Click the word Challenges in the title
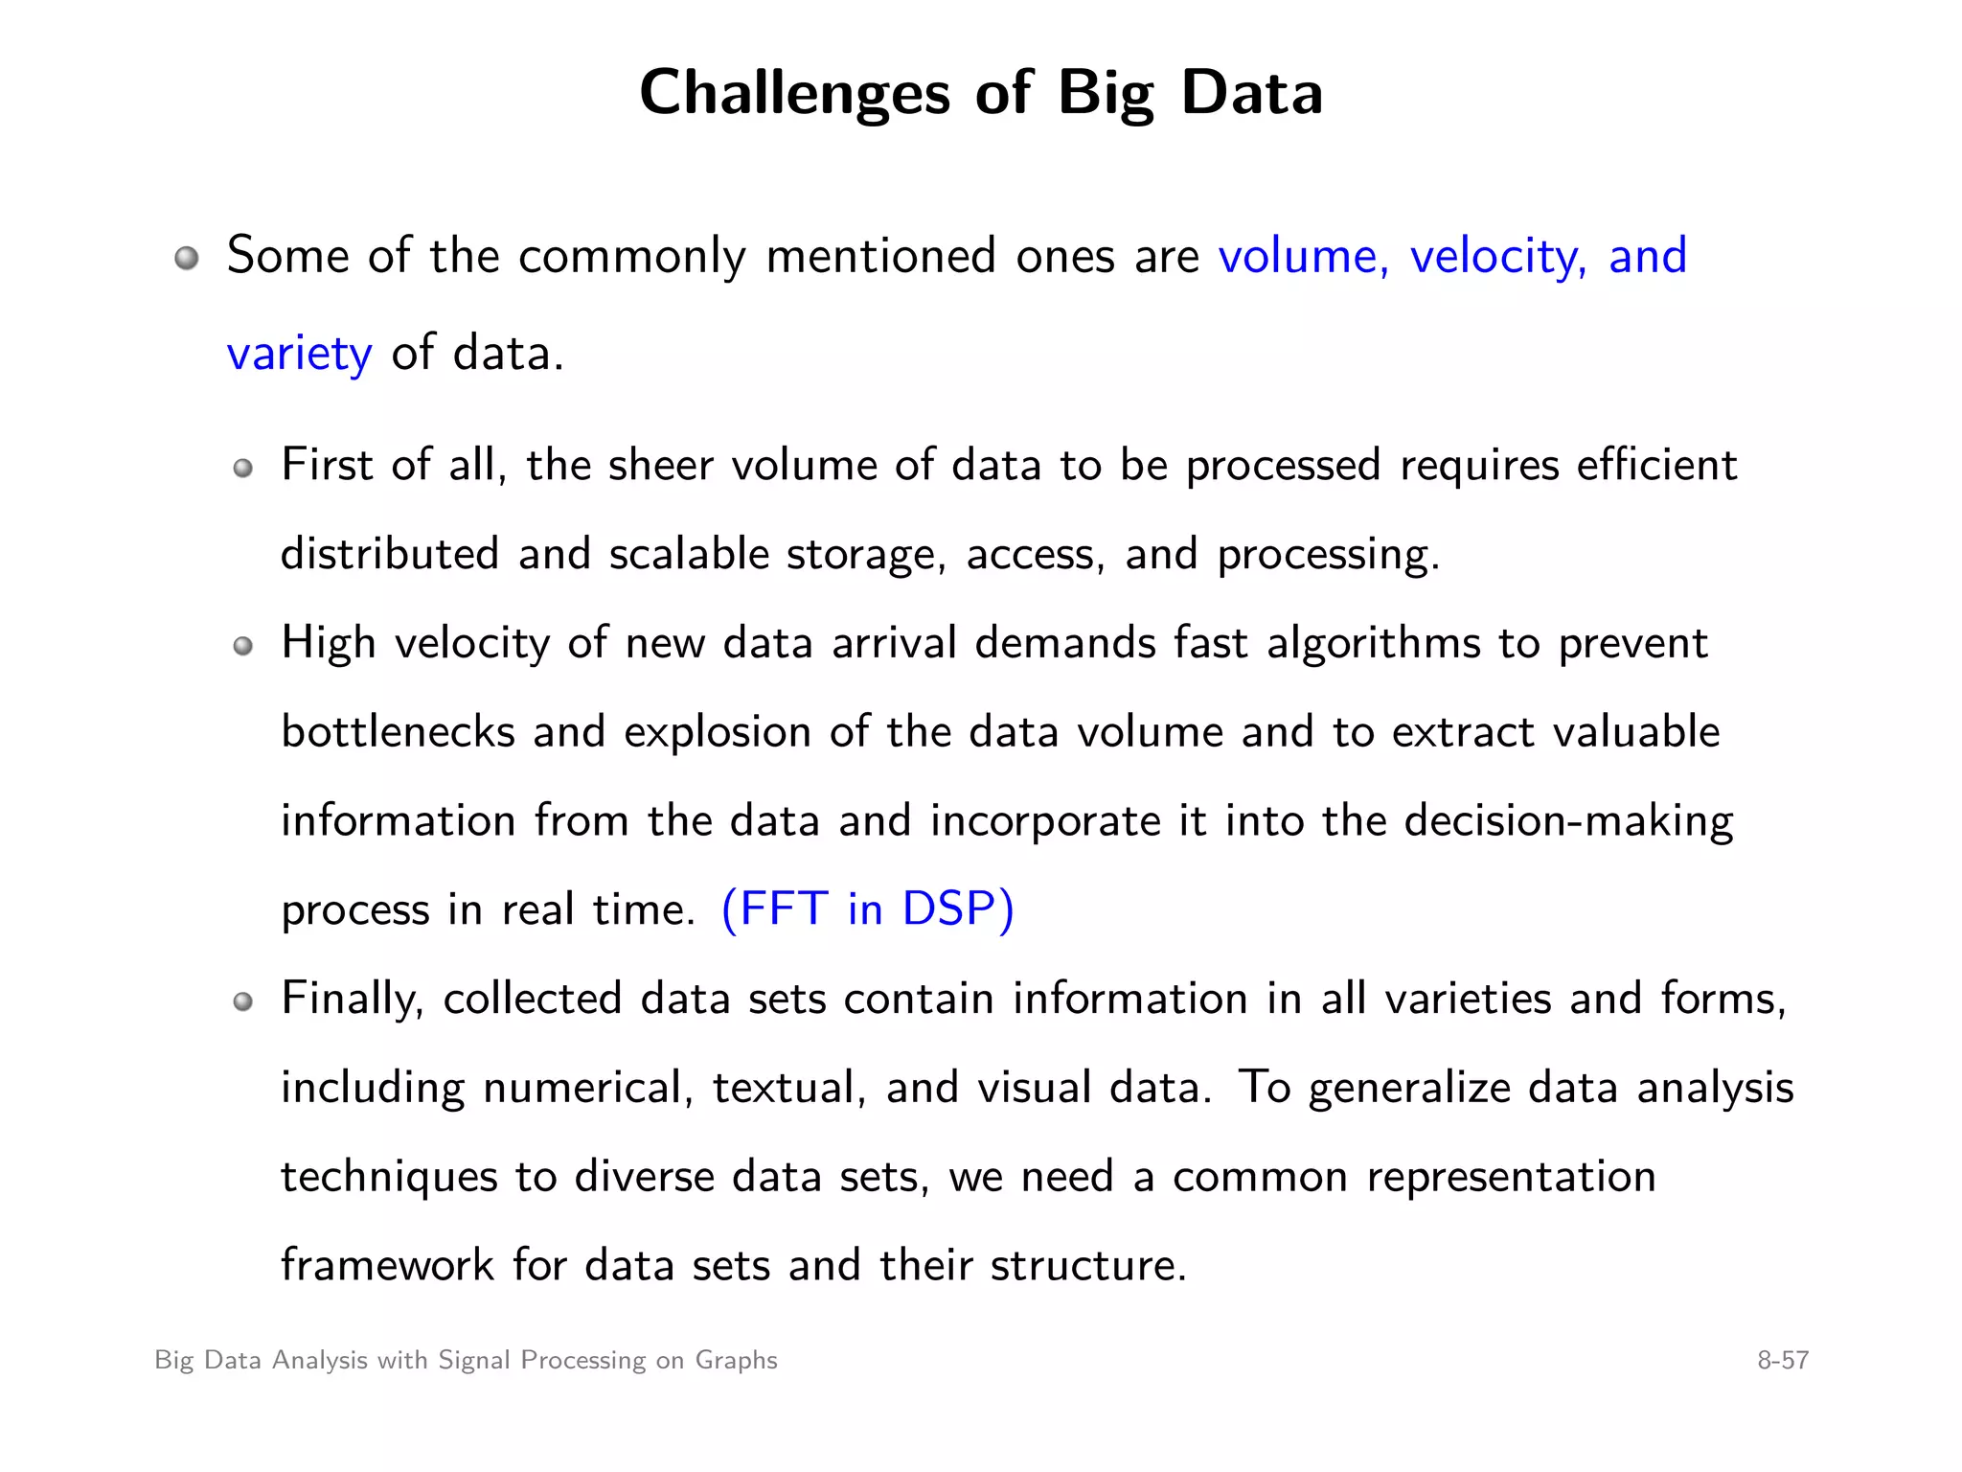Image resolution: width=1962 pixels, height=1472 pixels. tap(794, 94)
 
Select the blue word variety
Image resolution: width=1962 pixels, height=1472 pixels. tap(299, 354)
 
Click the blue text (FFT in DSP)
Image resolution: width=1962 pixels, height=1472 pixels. tap(867, 908)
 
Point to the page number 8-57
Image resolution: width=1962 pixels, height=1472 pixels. tap(1782, 1360)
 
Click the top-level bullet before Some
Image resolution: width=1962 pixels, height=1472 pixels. tap(187, 258)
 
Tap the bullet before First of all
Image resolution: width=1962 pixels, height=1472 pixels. tap(243, 468)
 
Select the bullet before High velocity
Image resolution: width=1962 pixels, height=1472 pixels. tap(243, 646)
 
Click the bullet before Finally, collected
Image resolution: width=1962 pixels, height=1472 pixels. tap(243, 1001)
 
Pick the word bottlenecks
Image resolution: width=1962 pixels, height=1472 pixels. tap(398, 732)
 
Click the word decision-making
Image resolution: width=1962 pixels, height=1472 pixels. tap(1568, 821)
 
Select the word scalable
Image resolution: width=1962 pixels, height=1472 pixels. tap(689, 555)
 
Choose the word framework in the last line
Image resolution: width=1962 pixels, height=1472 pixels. tap(387, 1265)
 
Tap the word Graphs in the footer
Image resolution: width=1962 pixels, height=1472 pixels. tap(736, 1360)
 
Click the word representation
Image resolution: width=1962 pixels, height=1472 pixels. tap(1511, 1177)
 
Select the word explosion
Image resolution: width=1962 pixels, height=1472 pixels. tap(718, 732)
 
